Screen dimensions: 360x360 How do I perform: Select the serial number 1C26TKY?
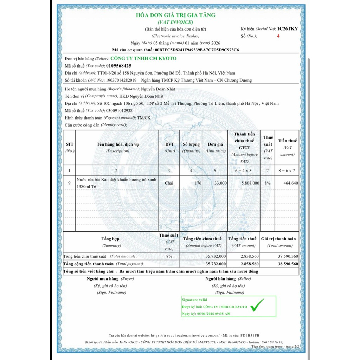coord(287,28)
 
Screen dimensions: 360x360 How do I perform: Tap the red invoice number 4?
coord(278,36)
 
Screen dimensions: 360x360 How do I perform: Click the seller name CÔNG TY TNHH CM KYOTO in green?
coord(143,58)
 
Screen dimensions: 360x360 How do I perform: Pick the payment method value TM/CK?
coord(143,118)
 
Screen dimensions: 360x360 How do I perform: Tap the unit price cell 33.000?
coord(220,183)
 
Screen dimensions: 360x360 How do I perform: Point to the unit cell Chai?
coord(169,183)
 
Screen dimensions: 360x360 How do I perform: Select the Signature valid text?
coord(194,300)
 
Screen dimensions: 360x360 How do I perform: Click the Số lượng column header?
coord(191,144)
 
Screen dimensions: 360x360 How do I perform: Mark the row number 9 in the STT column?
coord(69,183)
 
